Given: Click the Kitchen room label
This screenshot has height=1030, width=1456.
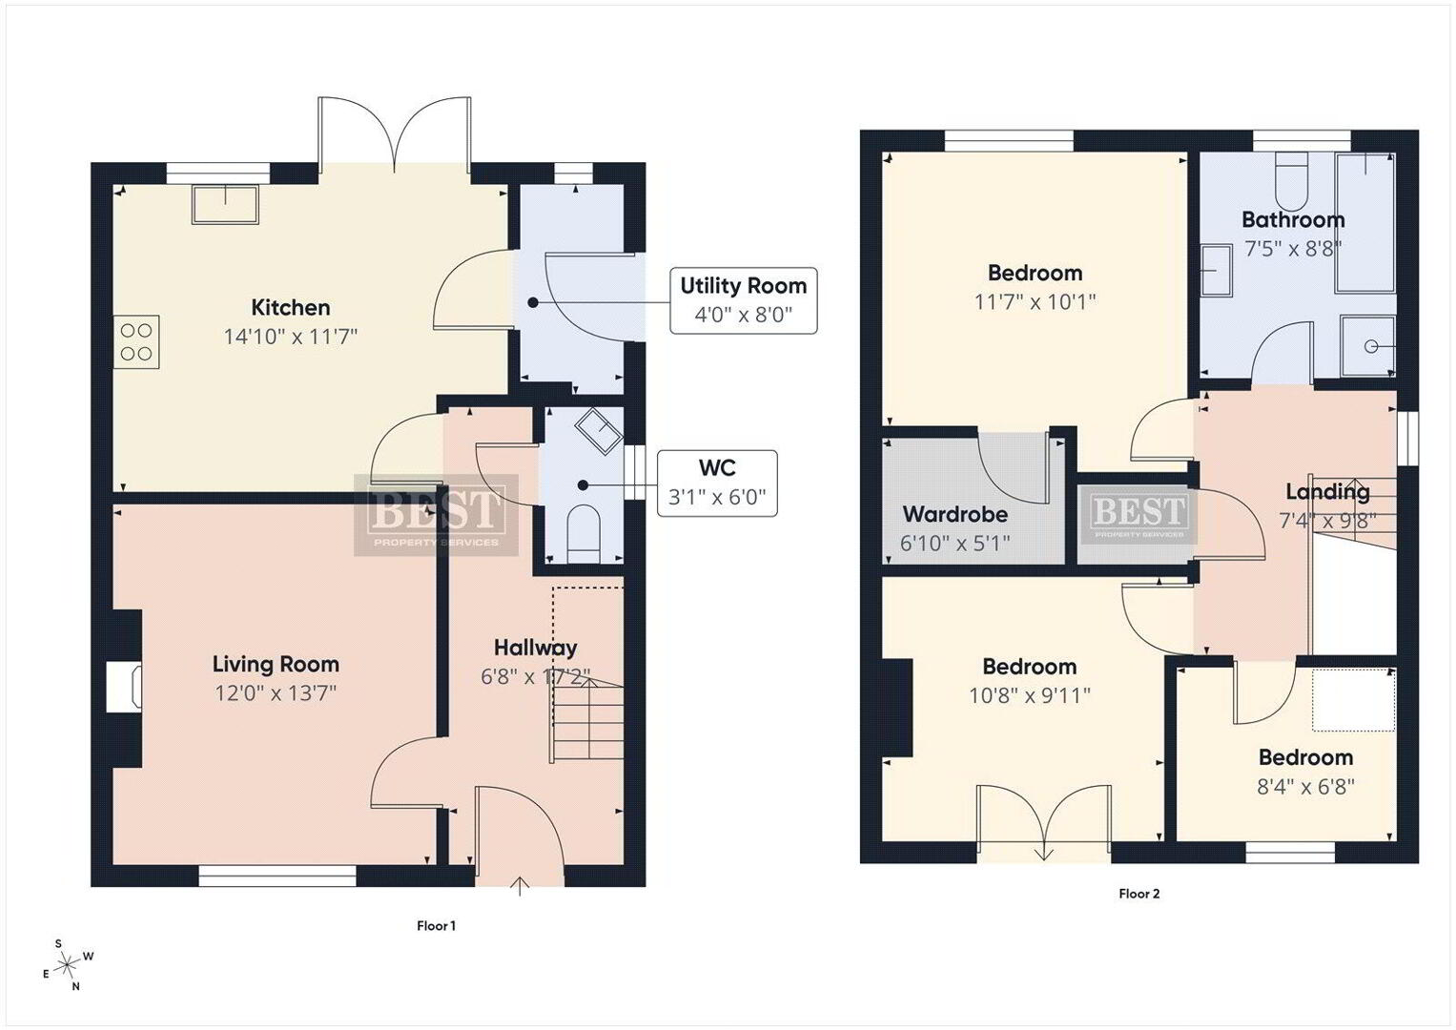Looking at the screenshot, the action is pyautogui.click(x=291, y=307).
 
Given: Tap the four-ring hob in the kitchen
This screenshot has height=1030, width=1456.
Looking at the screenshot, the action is pyautogui.click(x=136, y=342).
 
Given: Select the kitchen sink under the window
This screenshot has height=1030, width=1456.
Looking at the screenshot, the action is pyautogui.click(x=226, y=205).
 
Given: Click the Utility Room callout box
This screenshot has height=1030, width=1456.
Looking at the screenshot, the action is pyautogui.click(x=744, y=300).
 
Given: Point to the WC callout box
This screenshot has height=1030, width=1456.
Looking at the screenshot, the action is pyautogui.click(x=717, y=484).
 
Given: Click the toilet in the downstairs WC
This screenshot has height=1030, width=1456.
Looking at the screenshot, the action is pyautogui.click(x=583, y=535).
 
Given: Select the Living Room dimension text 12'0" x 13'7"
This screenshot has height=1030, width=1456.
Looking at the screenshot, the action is pyautogui.click(x=276, y=693).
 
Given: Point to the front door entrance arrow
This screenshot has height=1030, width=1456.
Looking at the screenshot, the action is pyautogui.click(x=520, y=886).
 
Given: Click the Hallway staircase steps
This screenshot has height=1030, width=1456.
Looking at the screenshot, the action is pyautogui.click(x=587, y=718).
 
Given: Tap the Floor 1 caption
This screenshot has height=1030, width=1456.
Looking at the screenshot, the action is pyautogui.click(x=436, y=925).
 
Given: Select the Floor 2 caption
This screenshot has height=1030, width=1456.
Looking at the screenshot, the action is pyautogui.click(x=1138, y=894).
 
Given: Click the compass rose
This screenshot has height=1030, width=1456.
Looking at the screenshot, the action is pyautogui.click(x=68, y=964).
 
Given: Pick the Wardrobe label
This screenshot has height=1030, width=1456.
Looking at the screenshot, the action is pyautogui.click(x=954, y=514).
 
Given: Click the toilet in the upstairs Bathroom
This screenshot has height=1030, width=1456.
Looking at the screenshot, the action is pyautogui.click(x=1291, y=181).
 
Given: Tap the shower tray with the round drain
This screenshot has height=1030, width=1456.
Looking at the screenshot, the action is pyautogui.click(x=1367, y=346).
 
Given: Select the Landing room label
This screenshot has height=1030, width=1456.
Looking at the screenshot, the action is pyautogui.click(x=1327, y=491).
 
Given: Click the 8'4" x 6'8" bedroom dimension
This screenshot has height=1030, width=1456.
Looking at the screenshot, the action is pyautogui.click(x=1305, y=787).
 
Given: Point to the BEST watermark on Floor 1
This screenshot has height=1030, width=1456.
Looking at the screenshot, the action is pyautogui.click(x=436, y=515).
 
